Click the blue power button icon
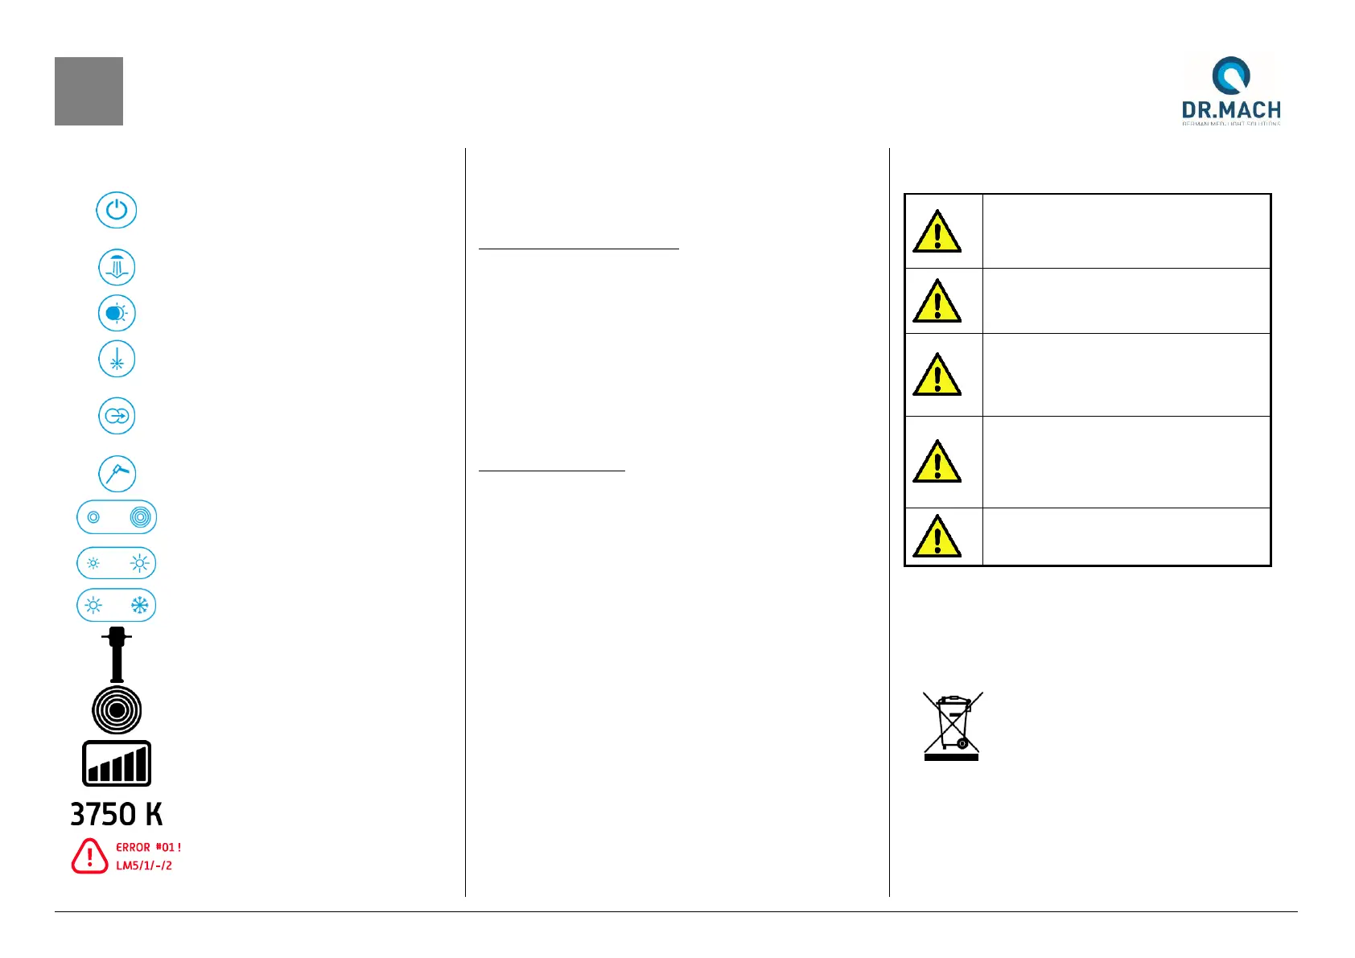117,211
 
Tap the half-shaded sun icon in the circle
117,314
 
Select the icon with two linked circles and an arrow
117,417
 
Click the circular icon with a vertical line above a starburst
117,360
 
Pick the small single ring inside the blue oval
94,517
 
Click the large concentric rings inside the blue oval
140,517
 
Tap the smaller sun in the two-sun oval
94,563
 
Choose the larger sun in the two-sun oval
140,563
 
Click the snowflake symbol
140,606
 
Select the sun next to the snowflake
94,606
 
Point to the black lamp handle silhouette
117,655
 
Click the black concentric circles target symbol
117,710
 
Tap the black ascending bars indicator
117,763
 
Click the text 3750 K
117,815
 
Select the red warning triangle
89,856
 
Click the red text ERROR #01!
149,847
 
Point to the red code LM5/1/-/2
144,865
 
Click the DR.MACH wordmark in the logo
1231,110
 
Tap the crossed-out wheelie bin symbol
952,726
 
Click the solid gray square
89,91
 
